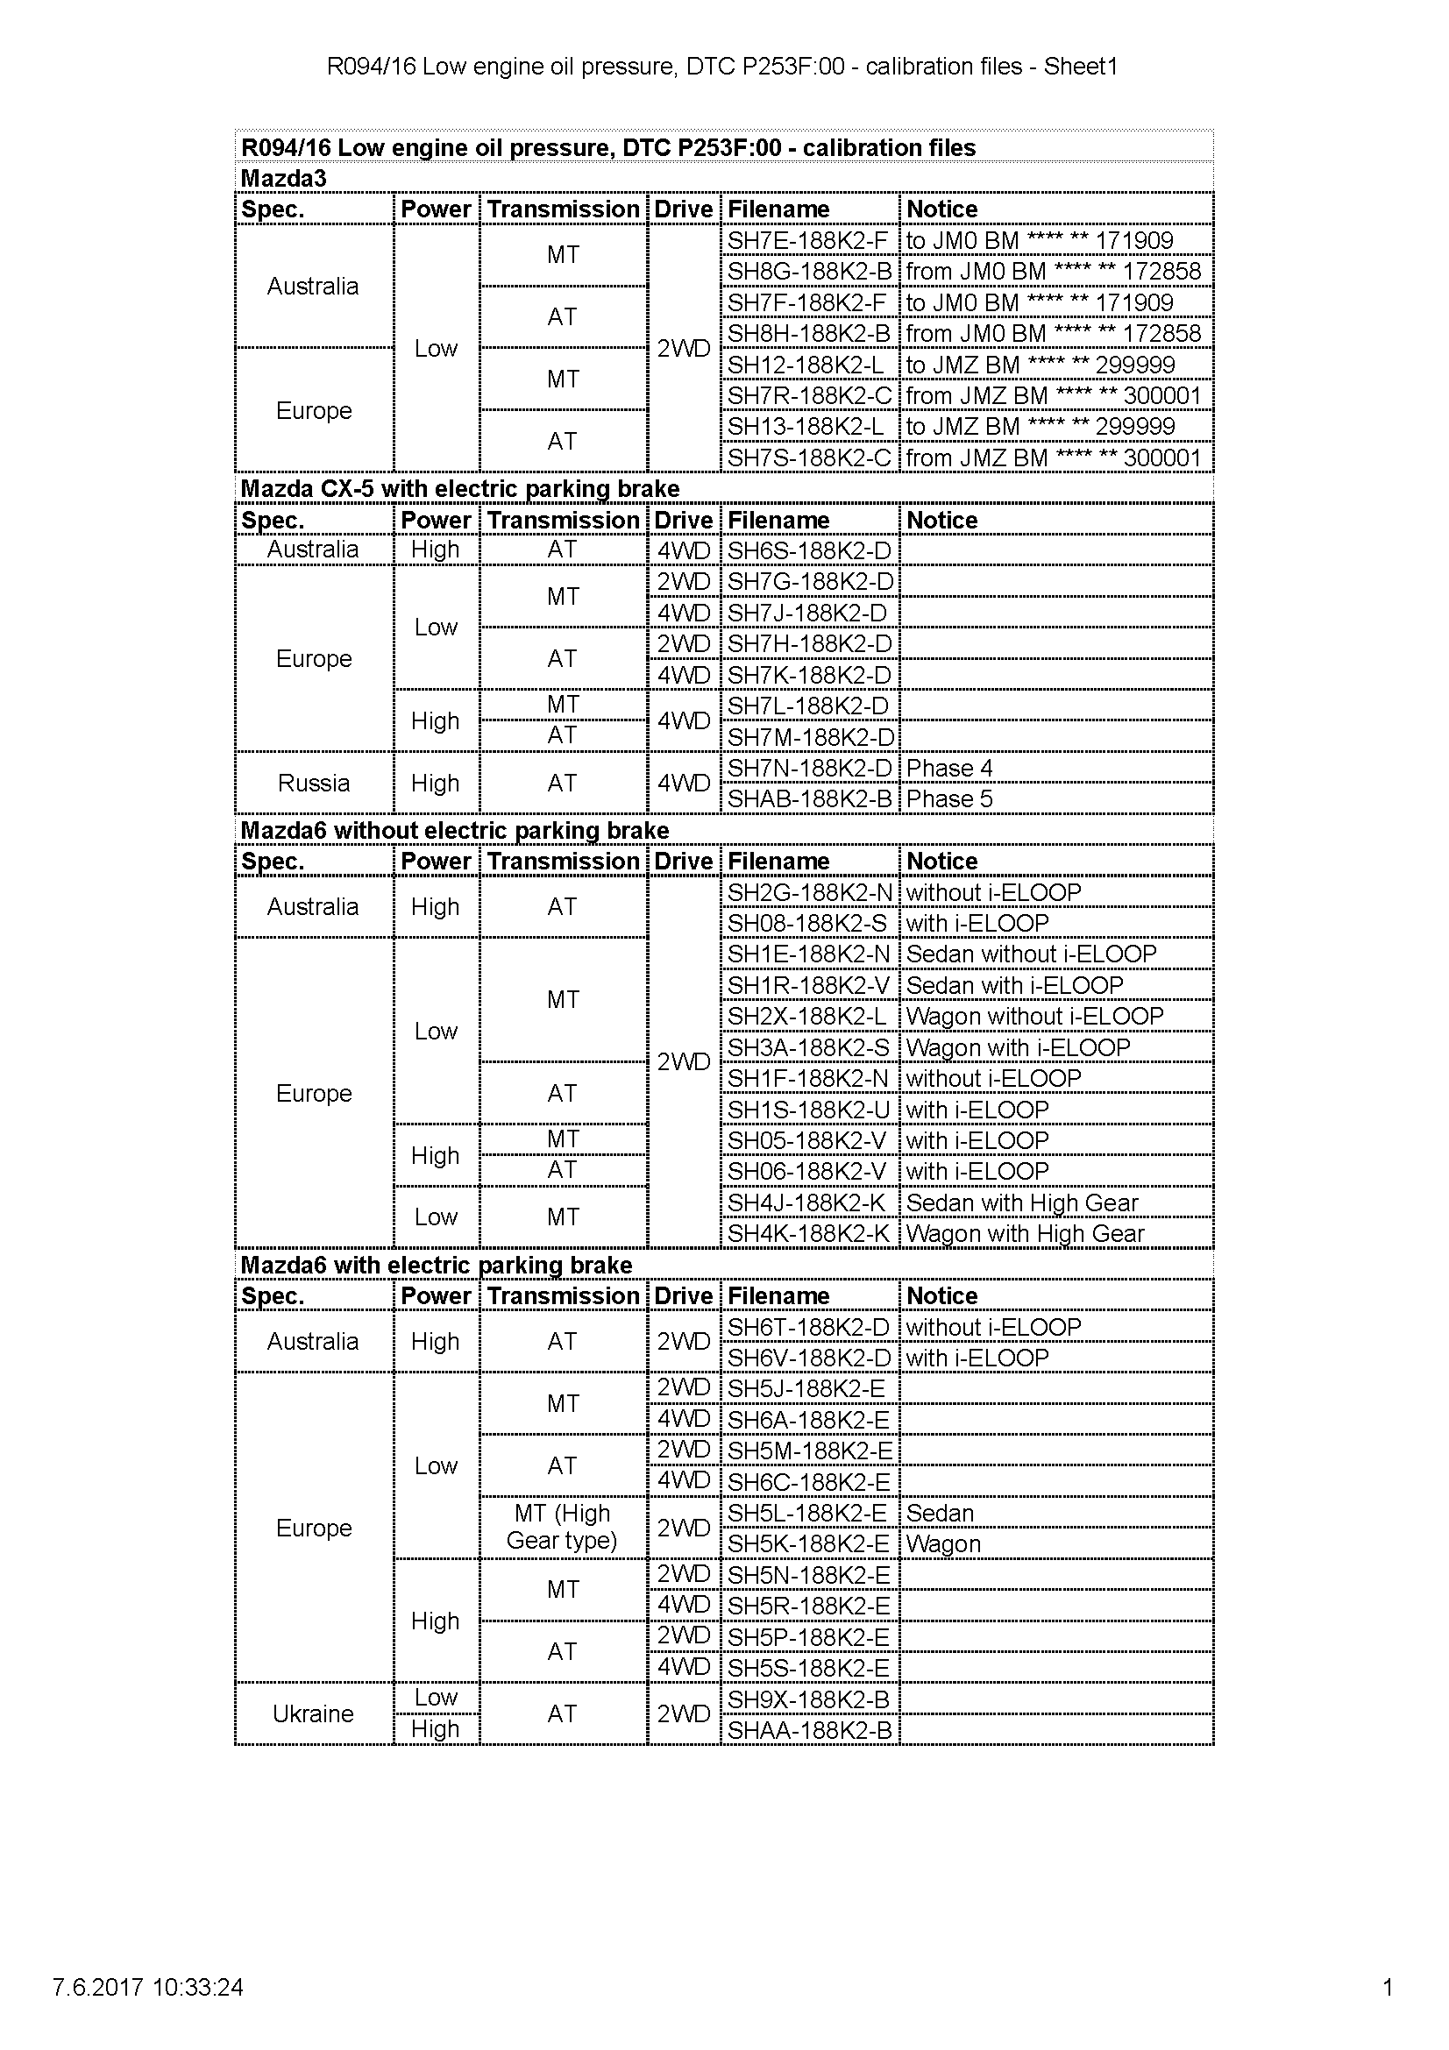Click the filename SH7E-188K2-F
tap(807, 240)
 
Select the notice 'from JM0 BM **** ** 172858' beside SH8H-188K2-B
tap(1053, 334)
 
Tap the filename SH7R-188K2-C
tap(809, 395)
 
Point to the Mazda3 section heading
tap(284, 179)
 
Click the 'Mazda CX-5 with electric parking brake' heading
tap(460, 489)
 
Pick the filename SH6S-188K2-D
tap(809, 551)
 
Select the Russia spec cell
tap(313, 783)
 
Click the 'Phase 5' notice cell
tap(949, 799)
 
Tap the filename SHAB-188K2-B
tap(809, 799)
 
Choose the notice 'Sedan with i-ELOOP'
tap(1014, 986)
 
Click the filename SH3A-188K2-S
tap(808, 1047)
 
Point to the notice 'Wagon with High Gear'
tap(1025, 1234)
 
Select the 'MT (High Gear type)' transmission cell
tap(563, 1527)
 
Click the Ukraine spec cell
tap(313, 1713)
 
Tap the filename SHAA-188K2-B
tap(809, 1730)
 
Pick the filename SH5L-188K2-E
tap(807, 1514)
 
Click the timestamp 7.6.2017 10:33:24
tap(148, 1988)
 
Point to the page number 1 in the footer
tap(1388, 1988)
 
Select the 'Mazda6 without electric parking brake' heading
tap(454, 831)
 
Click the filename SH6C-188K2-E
tap(808, 1483)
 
